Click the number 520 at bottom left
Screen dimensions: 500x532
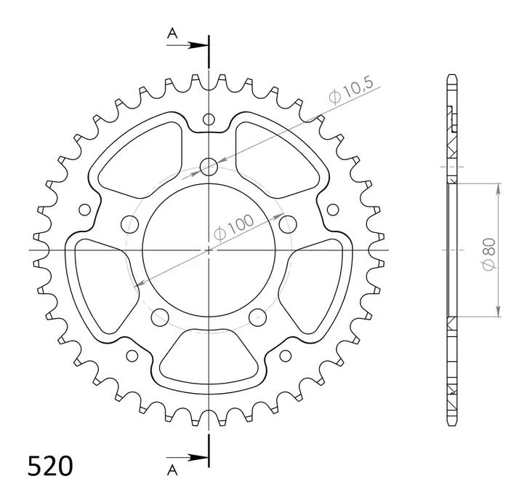[x=50, y=465]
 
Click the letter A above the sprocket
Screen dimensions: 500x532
[x=172, y=33]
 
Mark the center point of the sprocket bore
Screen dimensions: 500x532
[x=209, y=250]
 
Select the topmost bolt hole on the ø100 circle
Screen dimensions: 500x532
[x=209, y=167]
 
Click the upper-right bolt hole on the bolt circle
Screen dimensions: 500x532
[x=288, y=223]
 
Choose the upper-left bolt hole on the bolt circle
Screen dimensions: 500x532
[x=130, y=223]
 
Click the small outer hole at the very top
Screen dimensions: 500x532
[x=209, y=119]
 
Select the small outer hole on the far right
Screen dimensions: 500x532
[x=333, y=210]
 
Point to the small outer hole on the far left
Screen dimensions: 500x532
[x=85, y=210]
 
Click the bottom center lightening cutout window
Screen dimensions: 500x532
[x=209, y=356]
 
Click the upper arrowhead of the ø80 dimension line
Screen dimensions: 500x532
[x=499, y=189]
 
